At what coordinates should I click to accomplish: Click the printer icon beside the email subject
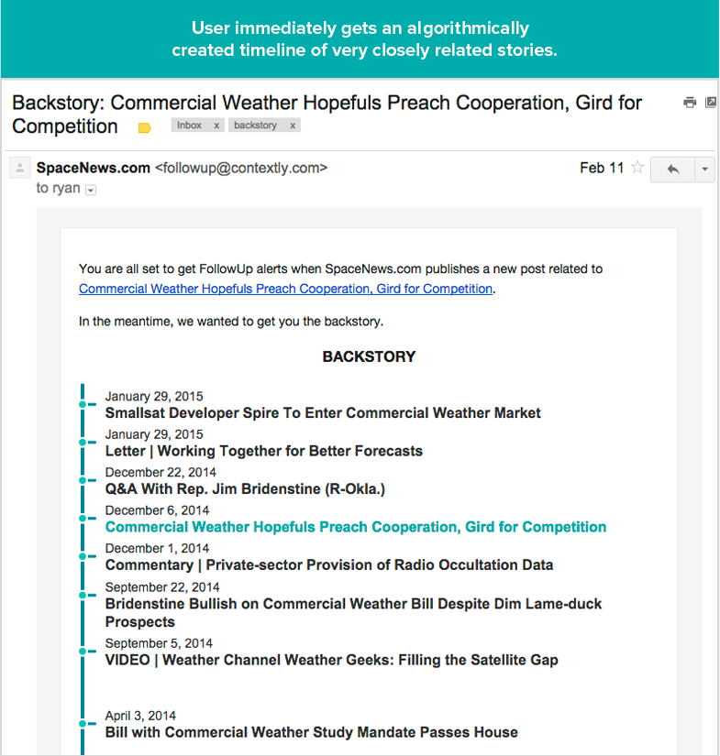pyautogui.click(x=690, y=103)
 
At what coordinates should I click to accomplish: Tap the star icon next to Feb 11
pyautogui.click(x=637, y=169)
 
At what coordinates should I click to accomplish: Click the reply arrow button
pyautogui.click(x=672, y=170)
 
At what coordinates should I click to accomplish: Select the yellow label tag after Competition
pyautogui.click(x=144, y=128)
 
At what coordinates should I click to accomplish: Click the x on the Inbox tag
pyautogui.click(x=216, y=126)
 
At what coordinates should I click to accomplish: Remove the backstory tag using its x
pyautogui.click(x=293, y=126)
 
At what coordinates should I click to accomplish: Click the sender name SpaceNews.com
pyautogui.click(x=93, y=168)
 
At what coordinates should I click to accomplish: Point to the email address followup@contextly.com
pyautogui.click(x=241, y=168)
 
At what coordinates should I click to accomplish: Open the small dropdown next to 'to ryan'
pyautogui.click(x=90, y=190)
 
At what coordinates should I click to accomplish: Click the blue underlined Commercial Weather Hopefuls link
pyautogui.click(x=285, y=289)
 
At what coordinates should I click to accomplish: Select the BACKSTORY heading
pyautogui.click(x=369, y=356)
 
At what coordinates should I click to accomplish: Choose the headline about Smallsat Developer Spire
pyautogui.click(x=323, y=413)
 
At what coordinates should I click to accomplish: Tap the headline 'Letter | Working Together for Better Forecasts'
pyautogui.click(x=264, y=451)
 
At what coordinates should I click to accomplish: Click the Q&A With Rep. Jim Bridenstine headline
pyautogui.click(x=245, y=489)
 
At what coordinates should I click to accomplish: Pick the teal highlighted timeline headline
pyautogui.click(x=356, y=527)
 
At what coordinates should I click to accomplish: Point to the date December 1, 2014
pyautogui.click(x=158, y=548)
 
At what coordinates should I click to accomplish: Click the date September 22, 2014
pyautogui.click(x=162, y=586)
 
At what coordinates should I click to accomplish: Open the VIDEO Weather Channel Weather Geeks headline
pyautogui.click(x=331, y=660)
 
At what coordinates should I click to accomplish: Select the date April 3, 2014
pyautogui.click(x=140, y=716)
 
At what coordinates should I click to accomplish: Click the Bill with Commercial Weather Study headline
pyautogui.click(x=312, y=732)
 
